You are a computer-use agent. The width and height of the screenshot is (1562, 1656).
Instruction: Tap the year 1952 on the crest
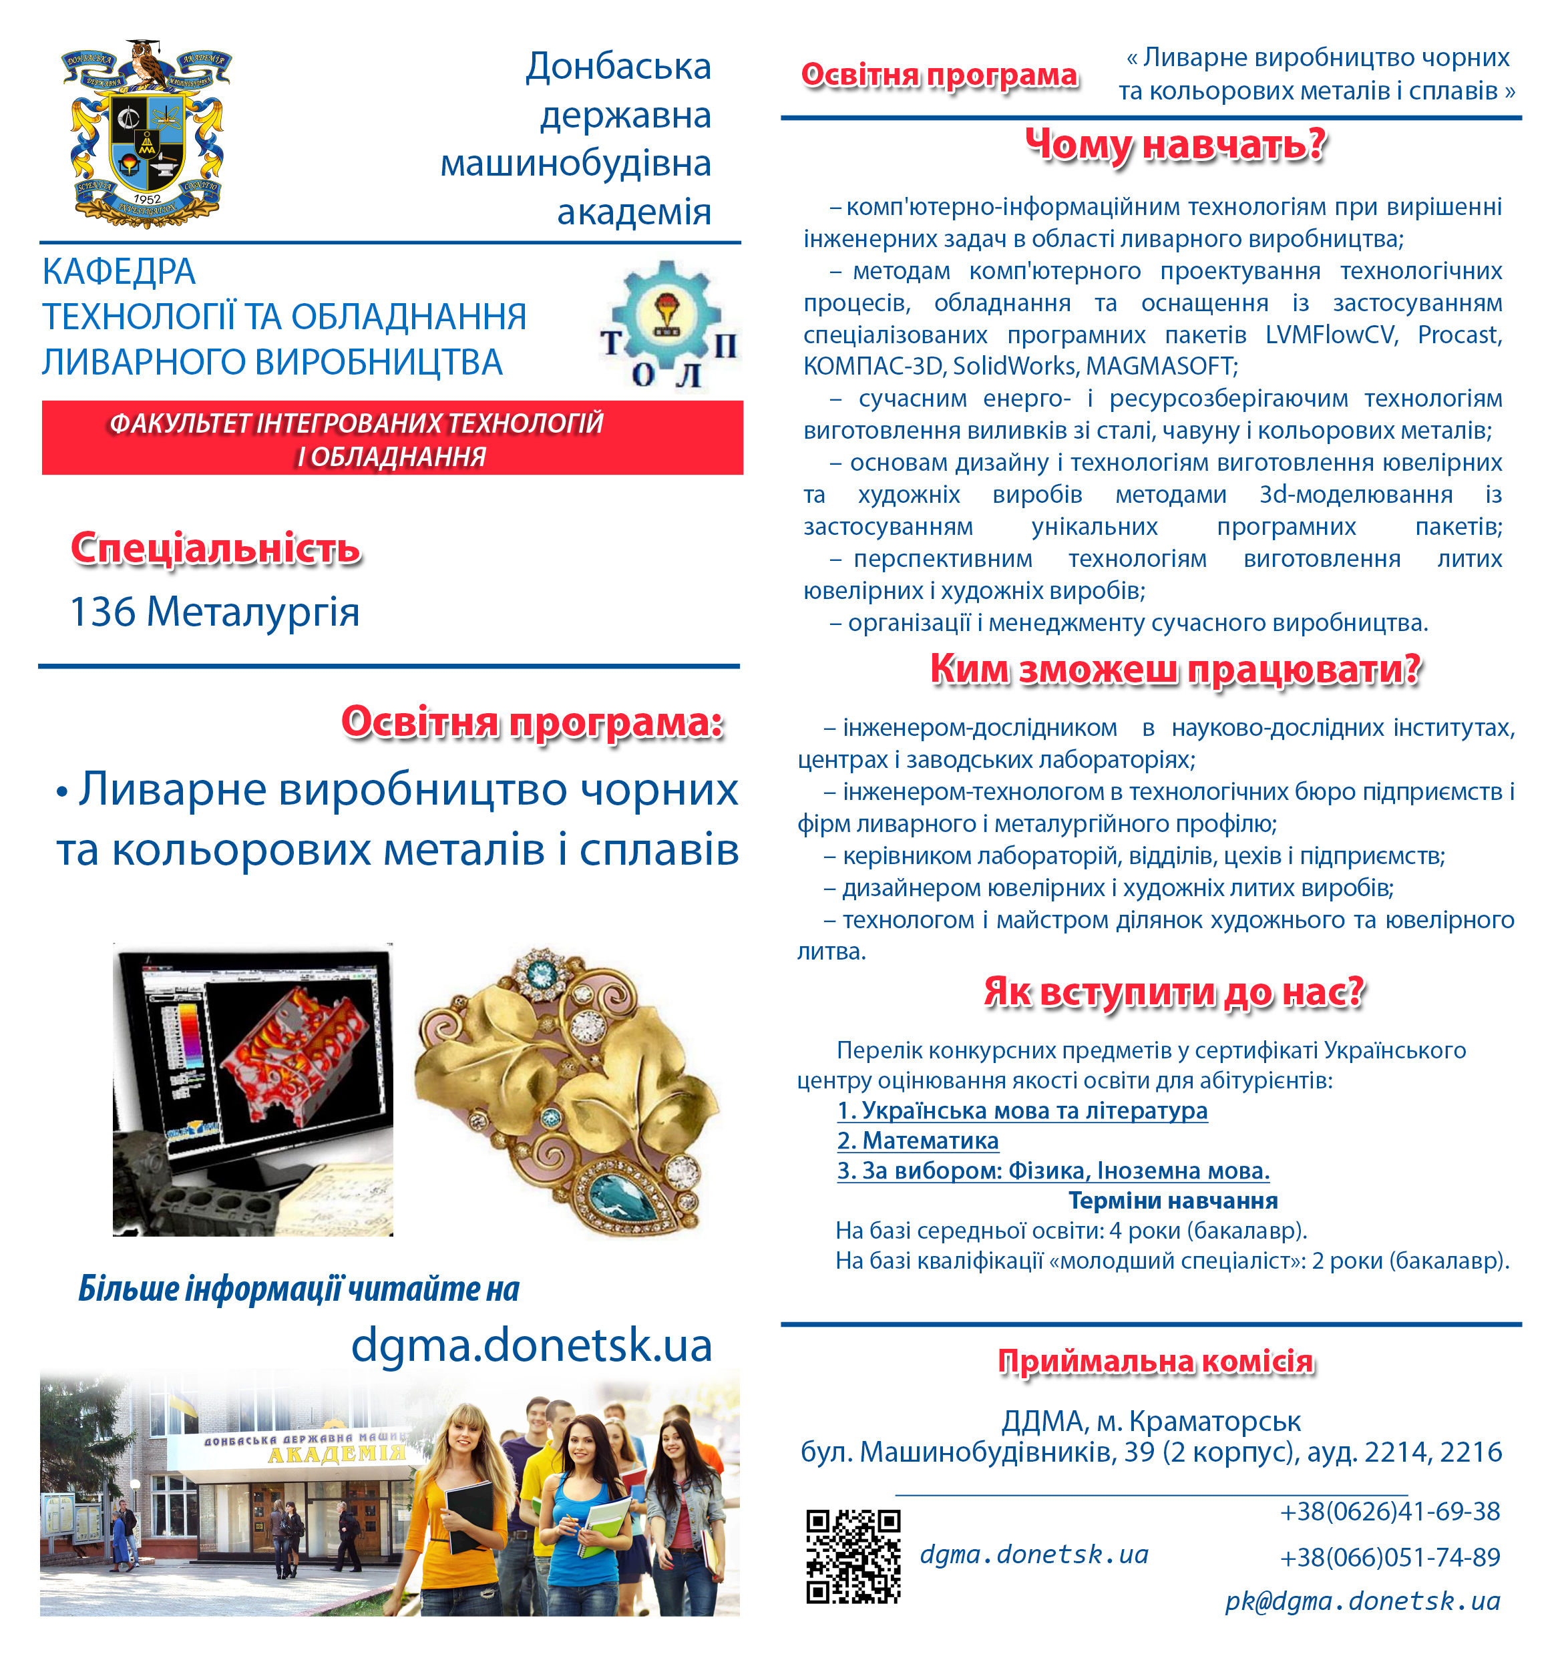pyautogui.click(x=147, y=199)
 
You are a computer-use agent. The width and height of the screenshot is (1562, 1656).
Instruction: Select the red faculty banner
pyautogui.click(x=391, y=438)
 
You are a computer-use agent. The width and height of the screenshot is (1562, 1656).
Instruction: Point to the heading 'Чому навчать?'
pyautogui.click(x=1175, y=145)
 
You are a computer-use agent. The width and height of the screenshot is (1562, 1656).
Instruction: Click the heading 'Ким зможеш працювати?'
pyautogui.click(x=1175, y=670)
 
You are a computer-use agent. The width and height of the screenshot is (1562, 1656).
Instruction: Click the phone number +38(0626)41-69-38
pyautogui.click(x=1390, y=1511)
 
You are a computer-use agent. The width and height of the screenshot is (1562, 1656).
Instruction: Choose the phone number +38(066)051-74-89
pyautogui.click(x=1390, y=1557)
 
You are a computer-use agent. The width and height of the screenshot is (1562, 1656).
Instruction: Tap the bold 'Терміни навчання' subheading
pyautogui.click(x=1172, y=1201)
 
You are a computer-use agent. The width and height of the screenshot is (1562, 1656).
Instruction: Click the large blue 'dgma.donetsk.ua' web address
pyautogui.click(x=532, y=1344)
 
